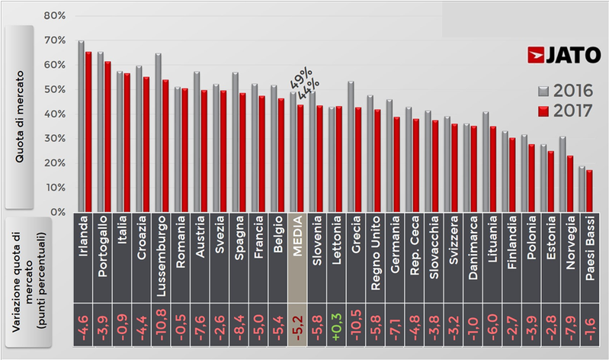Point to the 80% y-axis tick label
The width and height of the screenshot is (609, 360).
(56, 16)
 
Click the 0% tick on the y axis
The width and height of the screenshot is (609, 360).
(59, 212)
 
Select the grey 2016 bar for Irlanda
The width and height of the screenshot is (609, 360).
(82, 126)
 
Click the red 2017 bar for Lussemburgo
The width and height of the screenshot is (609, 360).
(166, 146)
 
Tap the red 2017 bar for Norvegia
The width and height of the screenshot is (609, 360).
(569, 184)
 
